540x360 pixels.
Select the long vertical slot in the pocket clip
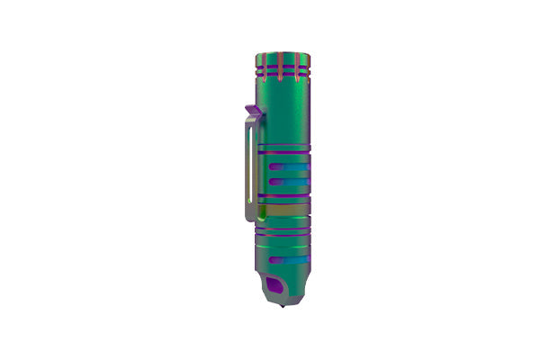click(x=247, y=171)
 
